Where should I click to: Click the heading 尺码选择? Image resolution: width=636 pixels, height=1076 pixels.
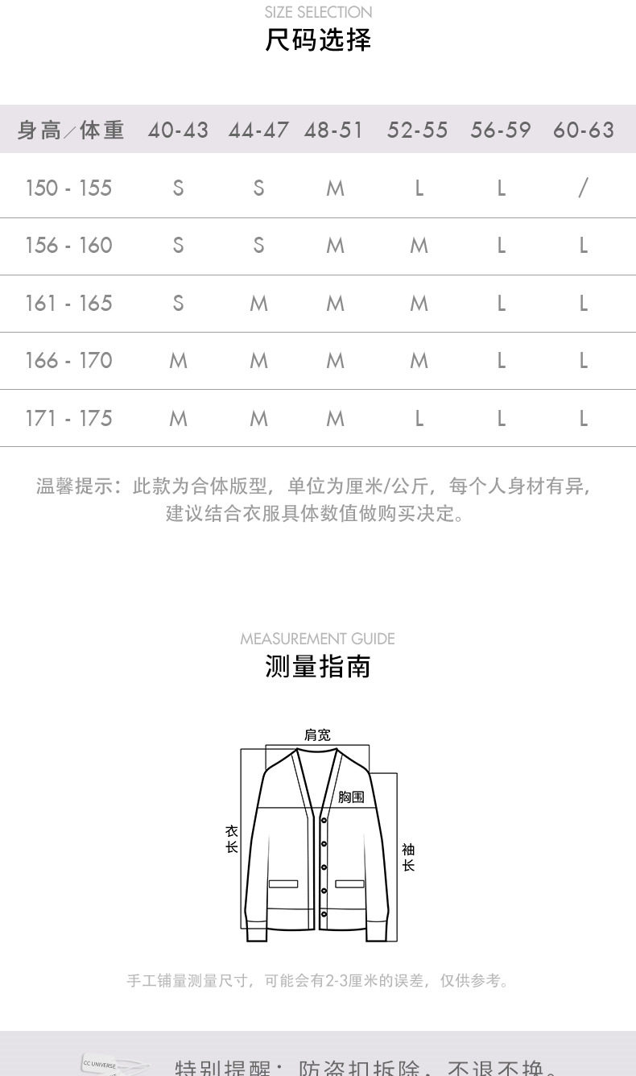pos(318,39)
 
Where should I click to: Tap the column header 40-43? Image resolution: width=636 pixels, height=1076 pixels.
pos(178,130)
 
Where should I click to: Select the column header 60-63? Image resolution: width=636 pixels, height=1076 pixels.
pos(583,130)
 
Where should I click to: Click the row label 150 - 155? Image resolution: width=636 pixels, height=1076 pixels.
pos(68,188)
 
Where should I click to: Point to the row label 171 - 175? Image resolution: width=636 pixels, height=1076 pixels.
pos(68,418)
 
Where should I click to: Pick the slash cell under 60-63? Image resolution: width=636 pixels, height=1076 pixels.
pos(583,188)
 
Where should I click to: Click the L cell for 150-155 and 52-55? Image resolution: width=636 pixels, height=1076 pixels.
pos(419,188)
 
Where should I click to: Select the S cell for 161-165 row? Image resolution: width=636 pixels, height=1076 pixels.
pos(178,303)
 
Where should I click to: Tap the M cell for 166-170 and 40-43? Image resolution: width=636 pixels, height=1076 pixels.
pos(178,360)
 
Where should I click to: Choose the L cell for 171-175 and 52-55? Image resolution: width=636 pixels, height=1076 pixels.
pos(419,418)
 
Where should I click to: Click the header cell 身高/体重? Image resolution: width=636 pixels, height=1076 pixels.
pos(71,130)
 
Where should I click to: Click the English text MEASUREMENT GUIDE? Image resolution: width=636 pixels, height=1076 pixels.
pos(317,639)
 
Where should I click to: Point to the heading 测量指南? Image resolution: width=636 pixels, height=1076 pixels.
pos(318,667)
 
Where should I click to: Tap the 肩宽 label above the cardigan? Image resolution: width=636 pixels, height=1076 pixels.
pos(317,735)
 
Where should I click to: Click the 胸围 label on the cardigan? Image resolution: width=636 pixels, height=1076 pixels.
pos(351,797)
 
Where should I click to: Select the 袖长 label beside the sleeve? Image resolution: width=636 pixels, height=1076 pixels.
pos(408,857)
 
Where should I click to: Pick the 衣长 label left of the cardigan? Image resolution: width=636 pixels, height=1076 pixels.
pos(232,838)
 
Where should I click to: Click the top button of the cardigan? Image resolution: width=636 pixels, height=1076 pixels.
pos(324,821)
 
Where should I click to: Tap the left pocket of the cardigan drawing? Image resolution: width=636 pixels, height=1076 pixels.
pos(283,884)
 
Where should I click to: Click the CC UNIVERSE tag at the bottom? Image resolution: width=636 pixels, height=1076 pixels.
pos(101,1064)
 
